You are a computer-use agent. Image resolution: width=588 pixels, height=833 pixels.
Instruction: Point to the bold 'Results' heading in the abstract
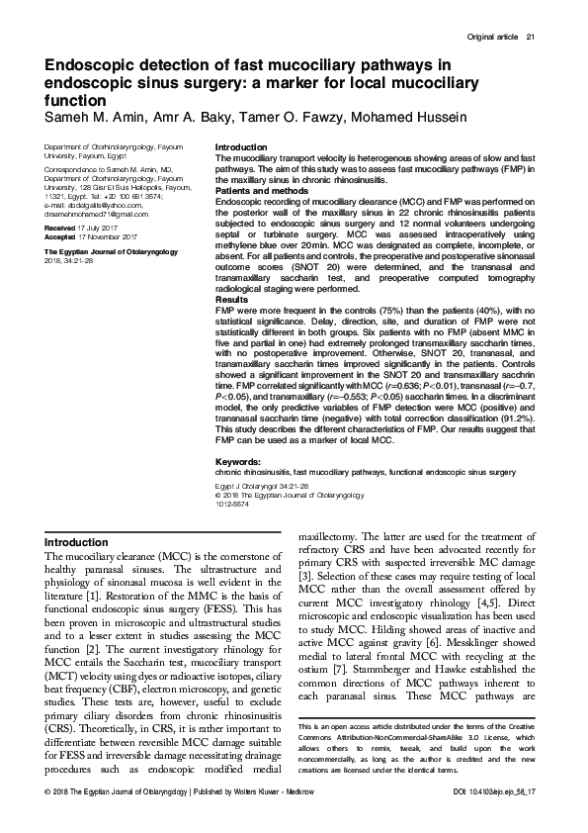[x=231, y=299]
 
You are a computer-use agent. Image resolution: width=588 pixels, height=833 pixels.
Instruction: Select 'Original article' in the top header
[x=491, y=39]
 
